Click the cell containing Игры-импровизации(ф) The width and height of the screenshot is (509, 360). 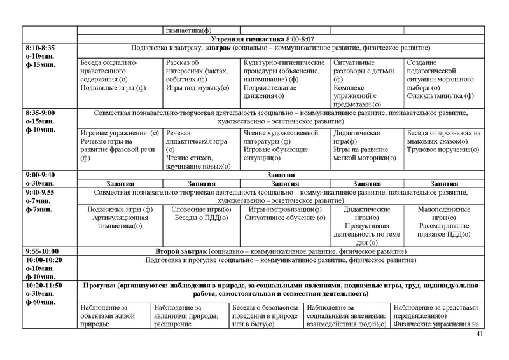284,209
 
